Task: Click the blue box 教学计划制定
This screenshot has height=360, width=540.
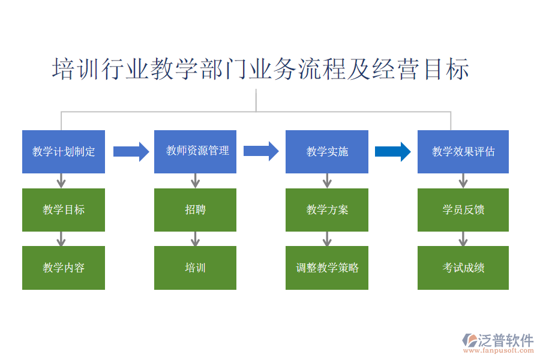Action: pyautogui.click(x=64, y=152)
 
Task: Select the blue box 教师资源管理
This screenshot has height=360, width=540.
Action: pyautogui.click(x=195, y=152)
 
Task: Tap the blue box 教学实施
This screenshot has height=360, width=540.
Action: pyautogui.click(x=327, y=152)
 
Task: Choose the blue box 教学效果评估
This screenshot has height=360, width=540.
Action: pyautogui.click(x=463, y=152)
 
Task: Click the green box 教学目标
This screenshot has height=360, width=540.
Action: pyautogui.click(x=64, y=210)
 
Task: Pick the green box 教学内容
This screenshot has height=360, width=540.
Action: pyautogui.click(x=64, y=268)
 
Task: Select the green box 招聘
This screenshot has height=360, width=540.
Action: pyautogui.click(x=195, y=210)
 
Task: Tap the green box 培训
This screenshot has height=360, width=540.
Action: pyautogui.click(x=195, y=268)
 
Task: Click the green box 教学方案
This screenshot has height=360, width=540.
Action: pyautogui.click(x=327, y=210)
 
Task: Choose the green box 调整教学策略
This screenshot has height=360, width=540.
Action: pyautogui.click(x=327, y=268)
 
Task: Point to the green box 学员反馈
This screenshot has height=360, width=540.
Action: pyautogui.click(x=463, y=210)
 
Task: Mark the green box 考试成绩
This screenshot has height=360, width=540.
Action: pyautogui.click(x=463, y=268)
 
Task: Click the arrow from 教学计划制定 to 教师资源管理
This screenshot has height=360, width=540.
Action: pyautogui.click(x=131, y=152)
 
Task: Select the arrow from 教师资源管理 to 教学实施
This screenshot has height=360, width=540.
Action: pyautogui.click(x=261, y=151)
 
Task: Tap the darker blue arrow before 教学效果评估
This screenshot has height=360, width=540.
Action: pyautogui.click(x=392, y=152)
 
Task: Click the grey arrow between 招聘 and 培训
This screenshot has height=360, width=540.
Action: pyautogui.click(x=195, y=239)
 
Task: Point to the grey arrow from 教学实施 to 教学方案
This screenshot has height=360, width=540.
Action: pyautogui.click(x=327, y=181)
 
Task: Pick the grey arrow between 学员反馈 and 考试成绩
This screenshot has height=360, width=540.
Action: pyautogui.click(x=463, y=239)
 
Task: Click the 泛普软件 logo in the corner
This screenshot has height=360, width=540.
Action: pyautogui.click(x=498, y=342)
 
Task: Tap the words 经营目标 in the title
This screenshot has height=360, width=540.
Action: pyautogui.click(x=420, y=69)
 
